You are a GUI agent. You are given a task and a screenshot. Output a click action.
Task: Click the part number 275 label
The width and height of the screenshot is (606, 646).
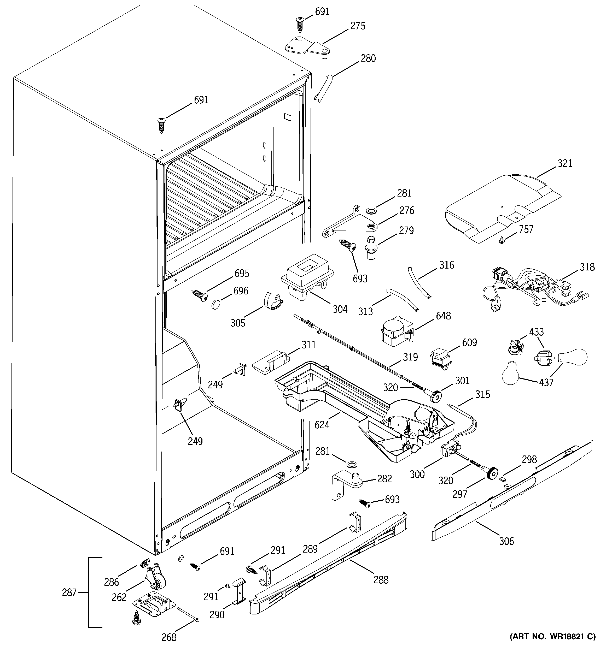pyautogui.click(x=358, y=26)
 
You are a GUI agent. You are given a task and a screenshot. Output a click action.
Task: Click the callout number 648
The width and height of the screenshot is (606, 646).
pyautogui.click(x=443, y=316)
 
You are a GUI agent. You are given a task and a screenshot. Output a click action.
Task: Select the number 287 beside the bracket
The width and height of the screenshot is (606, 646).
pyautogui.click(x=69, y=592)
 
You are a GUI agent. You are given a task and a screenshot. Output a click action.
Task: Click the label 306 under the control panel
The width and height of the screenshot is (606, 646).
pyautogui.click(x=506, y=541)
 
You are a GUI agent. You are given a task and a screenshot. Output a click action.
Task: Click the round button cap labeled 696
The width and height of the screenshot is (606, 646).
pyautogui.click(x=216, y=305)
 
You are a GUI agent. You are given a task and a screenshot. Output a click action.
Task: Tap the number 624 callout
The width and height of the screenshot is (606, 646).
pyautogui.click(x=322, y=424)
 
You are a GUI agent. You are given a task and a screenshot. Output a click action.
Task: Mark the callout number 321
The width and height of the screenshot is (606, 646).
pyautogui.click(x=565, y=163)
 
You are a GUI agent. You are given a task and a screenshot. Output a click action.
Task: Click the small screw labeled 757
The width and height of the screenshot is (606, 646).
pyautogui.click(x=502, y=240)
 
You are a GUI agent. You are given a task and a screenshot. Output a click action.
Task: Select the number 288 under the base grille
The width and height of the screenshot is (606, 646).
pyautogui.click(x=381, y=579)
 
